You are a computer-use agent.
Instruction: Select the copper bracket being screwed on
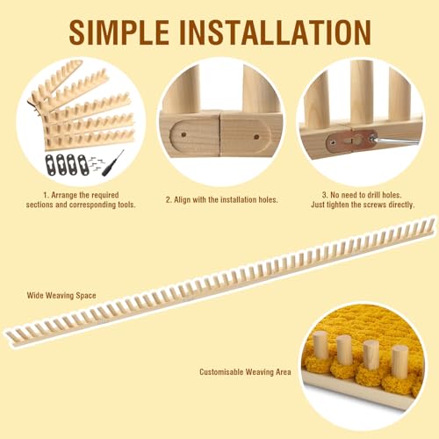click(x=346, y=140)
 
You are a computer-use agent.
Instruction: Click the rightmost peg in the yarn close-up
click(x=399, y=361)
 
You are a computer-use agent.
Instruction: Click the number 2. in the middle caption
click(x=169, y=200)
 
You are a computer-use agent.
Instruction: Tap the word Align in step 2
click(x=184, y=200)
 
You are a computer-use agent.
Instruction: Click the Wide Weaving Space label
click(x=61, y=295)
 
